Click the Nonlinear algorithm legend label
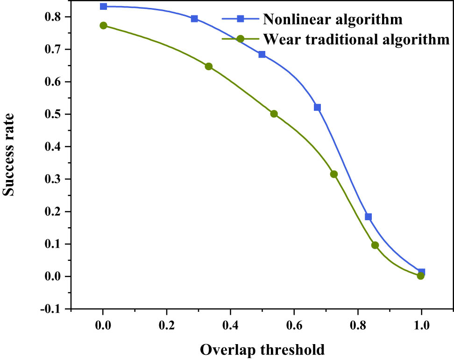333,19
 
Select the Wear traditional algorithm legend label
356,39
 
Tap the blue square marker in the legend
240,19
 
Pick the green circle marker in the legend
240,39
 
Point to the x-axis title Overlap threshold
262,349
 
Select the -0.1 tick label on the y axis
52,309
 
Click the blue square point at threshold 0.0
103,7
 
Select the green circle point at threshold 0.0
103,25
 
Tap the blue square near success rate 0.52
318,108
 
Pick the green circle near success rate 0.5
274,114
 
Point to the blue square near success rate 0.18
368,217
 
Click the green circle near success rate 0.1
375,245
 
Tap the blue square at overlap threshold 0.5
262,55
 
